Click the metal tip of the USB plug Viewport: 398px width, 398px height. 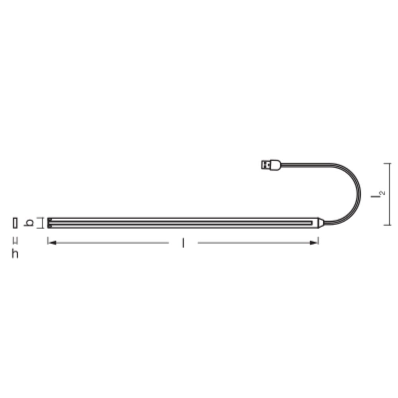click(265, 165)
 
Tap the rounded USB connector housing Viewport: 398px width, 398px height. click(275, 165)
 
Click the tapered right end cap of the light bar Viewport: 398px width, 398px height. click(321, 223)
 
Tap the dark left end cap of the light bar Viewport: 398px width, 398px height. click(49, 223)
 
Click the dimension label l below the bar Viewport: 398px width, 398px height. click(183, 243)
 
